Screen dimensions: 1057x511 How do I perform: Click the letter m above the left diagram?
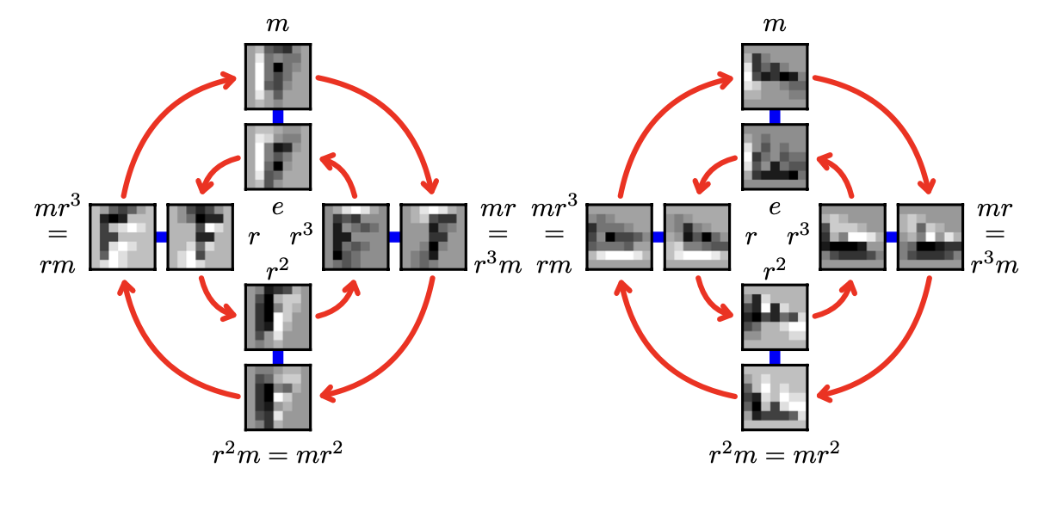coord(277,24)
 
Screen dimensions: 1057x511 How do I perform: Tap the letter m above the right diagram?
coord(775,24)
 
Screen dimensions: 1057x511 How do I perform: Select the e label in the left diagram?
coord(278,207)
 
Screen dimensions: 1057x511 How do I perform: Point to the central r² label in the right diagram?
coord(775,269)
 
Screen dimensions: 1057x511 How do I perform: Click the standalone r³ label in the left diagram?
coord(301,234)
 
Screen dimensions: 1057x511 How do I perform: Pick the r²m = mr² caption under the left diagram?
coord(277,454)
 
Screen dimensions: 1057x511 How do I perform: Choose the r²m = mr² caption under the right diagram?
coord(775,454)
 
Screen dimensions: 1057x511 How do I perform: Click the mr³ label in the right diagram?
coord(554,206)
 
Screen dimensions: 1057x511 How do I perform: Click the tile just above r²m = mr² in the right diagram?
coord(775,397)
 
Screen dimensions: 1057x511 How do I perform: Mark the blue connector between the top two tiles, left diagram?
coord(278,117)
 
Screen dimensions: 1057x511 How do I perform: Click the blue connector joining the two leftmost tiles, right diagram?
coord(658,237)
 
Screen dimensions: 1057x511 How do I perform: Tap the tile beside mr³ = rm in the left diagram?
coord(123,237)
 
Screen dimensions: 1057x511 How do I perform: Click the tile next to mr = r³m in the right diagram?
coord(930,237)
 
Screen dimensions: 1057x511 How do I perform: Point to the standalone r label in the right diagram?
coord(751,237)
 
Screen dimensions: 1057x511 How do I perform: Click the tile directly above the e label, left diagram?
coord(278,157)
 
